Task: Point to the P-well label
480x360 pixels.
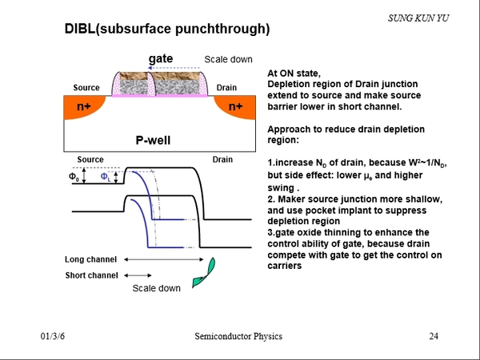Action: (152, 141)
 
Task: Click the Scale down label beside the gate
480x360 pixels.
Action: (228, 59)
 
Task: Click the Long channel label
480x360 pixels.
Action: (90, 260)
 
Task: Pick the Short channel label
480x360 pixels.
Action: (90, 275)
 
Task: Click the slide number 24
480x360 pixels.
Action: (434, 337)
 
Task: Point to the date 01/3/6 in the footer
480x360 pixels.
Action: (52, 337)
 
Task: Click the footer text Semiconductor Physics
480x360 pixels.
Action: (238, 337)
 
